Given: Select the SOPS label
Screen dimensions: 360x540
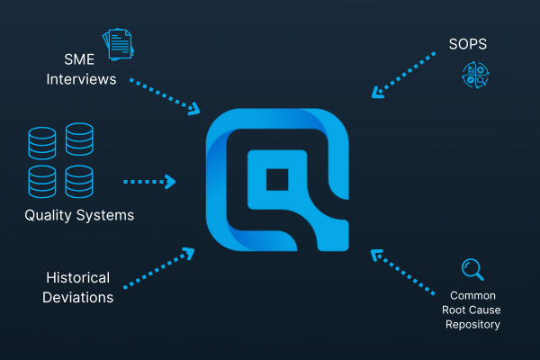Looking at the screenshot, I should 469,42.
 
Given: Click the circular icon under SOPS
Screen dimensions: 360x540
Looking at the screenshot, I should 475,76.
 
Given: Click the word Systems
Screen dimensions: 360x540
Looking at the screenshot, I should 109,215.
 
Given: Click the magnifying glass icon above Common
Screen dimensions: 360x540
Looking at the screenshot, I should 471,268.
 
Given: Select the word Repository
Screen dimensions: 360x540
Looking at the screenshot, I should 472,324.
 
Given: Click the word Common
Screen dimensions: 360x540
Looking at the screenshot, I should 472,294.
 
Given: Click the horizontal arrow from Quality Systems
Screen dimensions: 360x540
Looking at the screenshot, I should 148,181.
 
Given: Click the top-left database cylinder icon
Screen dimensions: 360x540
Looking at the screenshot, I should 41,140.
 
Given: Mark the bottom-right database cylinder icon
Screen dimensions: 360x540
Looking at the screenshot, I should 79,180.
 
